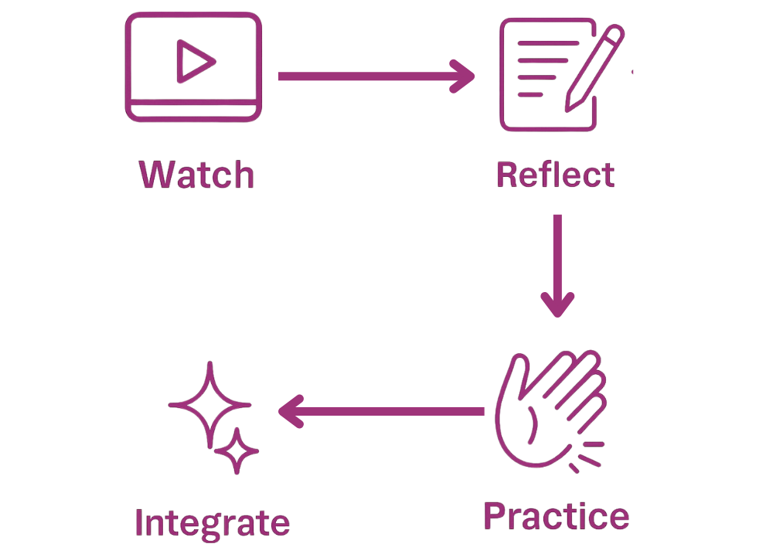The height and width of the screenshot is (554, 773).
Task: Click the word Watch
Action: (196, 175)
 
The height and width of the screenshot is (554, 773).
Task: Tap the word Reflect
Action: (556, 175)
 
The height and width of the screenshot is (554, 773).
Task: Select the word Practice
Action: (556, 515)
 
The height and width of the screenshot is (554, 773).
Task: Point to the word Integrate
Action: (212, 523)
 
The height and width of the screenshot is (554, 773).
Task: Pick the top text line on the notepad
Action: (541, 51)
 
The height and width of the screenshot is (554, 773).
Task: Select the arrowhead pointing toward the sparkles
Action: (290, 406)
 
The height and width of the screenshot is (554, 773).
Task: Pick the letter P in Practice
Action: (499, 515)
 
